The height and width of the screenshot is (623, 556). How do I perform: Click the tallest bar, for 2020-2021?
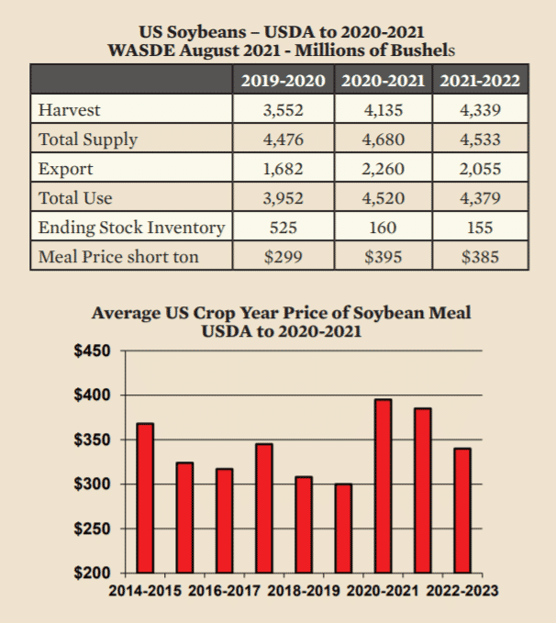point(384,485)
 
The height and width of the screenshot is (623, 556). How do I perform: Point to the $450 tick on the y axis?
point(91,351)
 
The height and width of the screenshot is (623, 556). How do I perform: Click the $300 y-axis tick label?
point(91,484)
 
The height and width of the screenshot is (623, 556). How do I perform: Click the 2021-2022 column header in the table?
point(480,80)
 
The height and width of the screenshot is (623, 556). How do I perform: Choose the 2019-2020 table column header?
point(283,80)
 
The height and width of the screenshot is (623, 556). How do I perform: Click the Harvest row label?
point(70,110)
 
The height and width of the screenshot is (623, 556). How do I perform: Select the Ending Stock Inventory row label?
point(130,228)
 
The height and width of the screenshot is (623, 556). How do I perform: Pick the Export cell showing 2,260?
point(383,169)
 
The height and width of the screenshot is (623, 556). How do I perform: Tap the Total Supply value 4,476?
point(283,139)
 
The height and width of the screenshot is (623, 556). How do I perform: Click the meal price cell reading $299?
point(283,257)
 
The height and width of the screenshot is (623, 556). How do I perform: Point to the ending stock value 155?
point(480,228)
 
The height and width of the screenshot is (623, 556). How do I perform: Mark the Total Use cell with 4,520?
point(383,198)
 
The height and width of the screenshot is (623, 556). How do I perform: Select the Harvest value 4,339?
point(480,110)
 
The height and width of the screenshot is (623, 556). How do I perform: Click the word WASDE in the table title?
point(140,49)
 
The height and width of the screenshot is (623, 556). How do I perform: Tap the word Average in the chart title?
point(125,313)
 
